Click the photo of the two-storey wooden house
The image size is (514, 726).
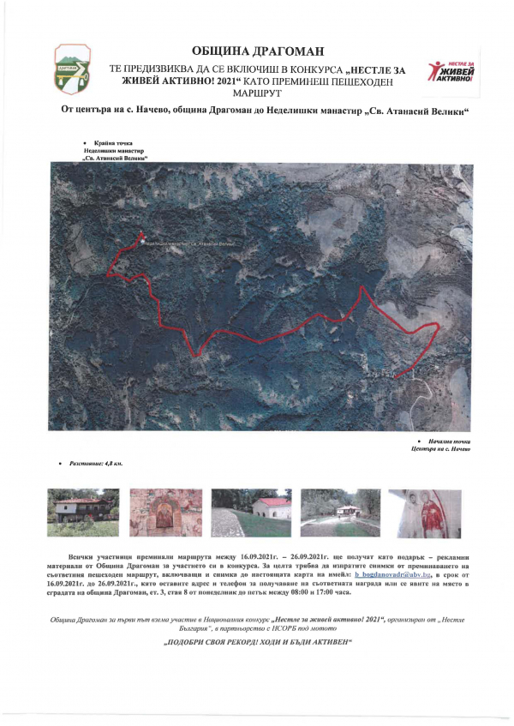coord(82,513)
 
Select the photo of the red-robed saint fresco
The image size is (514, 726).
coord(419,513)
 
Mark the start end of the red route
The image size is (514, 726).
coord(398,376)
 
